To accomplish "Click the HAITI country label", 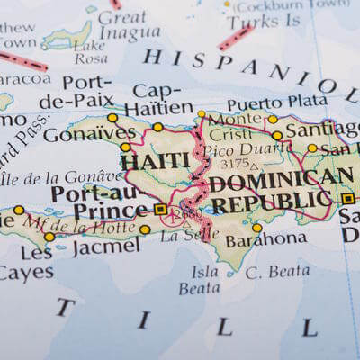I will coord(156,161).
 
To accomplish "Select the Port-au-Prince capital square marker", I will coord(161,209).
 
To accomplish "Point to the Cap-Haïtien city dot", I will coord(158,127).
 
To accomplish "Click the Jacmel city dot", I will coord(145,229).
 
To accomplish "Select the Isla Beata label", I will coord(199,279).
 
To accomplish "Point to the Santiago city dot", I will coord(277,136).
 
